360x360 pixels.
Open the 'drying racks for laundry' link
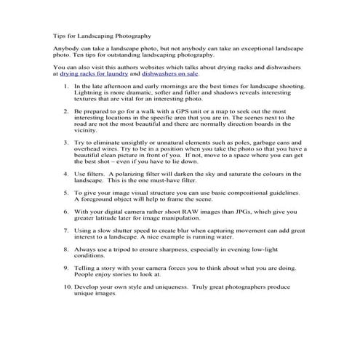[x=95, y=73]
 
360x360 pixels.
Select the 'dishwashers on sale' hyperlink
[x=169, y=73]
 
